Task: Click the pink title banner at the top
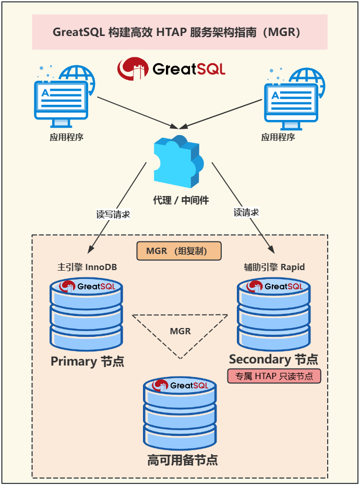click(179, 32)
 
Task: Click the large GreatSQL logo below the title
click(171, 69)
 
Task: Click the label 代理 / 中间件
click(181, 200)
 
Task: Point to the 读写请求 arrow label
click(113, 214)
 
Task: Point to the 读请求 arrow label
click(246, 212)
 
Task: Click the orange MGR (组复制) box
click(179, 251)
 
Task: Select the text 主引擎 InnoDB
click(87, 267)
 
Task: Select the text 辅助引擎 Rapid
click(274, 267)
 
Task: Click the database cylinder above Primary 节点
click(86, 314)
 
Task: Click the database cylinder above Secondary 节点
click(274, 314)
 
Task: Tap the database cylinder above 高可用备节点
click(179, 413)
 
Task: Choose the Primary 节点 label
click(87, 361)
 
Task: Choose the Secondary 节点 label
click(273, 359)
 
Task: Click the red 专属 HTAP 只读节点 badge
click(274, 376)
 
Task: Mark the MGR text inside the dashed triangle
click(180, 331)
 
